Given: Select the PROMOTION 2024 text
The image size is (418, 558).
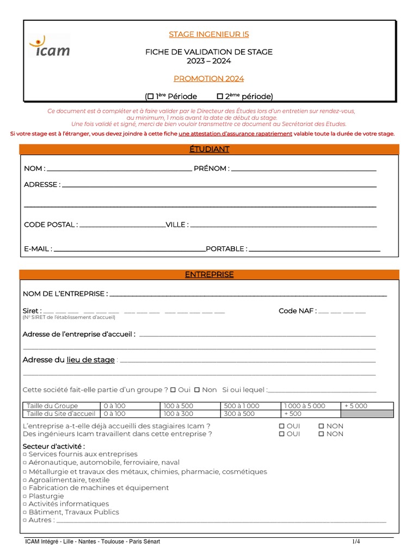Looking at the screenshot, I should [208, 78].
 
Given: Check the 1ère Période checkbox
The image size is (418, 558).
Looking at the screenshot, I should [150, 96].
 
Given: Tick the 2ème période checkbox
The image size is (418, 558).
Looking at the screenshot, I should [220, 96].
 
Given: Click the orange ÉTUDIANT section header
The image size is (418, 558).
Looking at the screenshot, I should [209, 149].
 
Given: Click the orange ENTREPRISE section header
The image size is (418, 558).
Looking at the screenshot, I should [209, 275].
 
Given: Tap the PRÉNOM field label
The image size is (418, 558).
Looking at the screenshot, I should [211, 168].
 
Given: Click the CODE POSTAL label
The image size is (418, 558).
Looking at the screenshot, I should [51, 225].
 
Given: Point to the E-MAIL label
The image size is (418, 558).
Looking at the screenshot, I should [38, 249].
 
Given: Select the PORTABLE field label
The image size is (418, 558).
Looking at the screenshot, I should [226, 249].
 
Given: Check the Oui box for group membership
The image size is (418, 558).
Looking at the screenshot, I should [173, 390].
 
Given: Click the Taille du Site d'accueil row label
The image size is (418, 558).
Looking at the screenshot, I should [60, 414].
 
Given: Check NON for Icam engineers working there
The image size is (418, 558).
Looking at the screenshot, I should [321, 434].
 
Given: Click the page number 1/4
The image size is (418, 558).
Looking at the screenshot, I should [356, 542].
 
